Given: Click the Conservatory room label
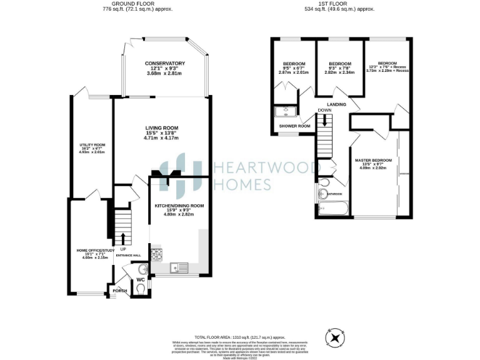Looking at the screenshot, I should tap(164, 64).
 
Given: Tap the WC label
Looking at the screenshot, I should tap(141, 279).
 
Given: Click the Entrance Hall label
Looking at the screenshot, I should tap(127, 256).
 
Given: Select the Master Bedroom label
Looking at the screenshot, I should tap(374, 161).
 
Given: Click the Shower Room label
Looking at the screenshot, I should tap(294, 126).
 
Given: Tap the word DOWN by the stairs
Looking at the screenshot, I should tap(324, 111).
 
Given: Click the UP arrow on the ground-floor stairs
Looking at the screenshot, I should tap(122, 238).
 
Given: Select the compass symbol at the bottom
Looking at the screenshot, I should tap(337, 338).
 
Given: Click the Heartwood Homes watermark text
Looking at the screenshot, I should tap(242, 175).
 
